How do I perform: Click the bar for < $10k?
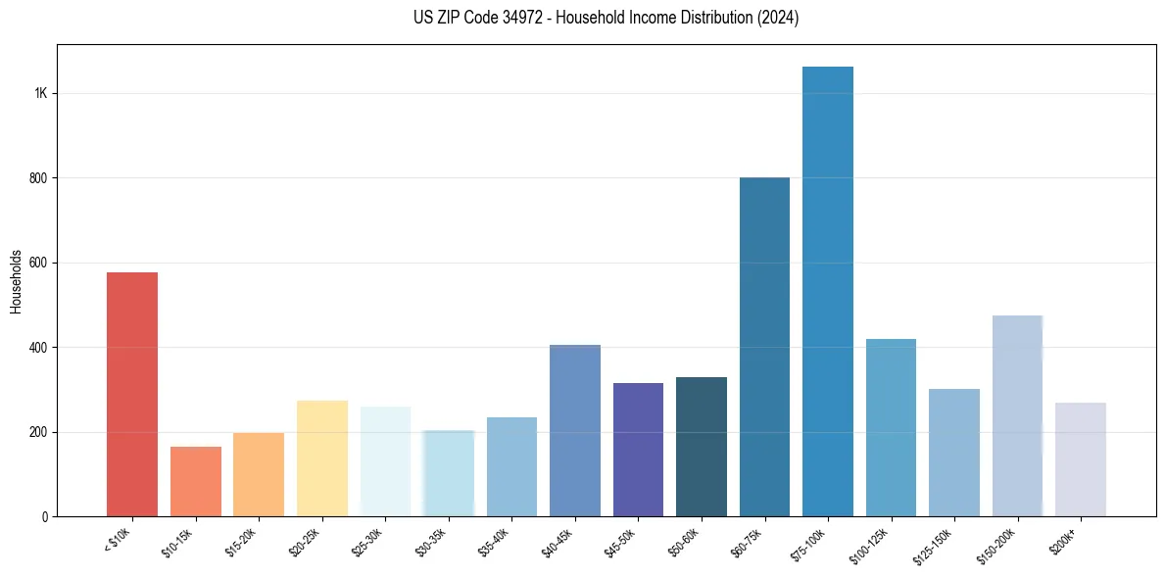coord(132,394)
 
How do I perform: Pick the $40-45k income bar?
coord(575,430)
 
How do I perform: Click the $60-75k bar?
coord(764,347)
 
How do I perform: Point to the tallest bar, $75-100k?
coord(828,291)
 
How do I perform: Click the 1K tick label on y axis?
coord(41,93)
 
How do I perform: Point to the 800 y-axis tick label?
coord(39,178)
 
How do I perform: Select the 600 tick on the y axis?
coord(39,263)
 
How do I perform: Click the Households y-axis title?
coord(16,281)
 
